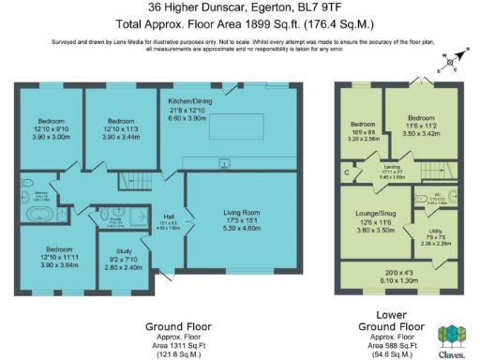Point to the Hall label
coord(169,217)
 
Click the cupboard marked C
coord(348,172)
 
